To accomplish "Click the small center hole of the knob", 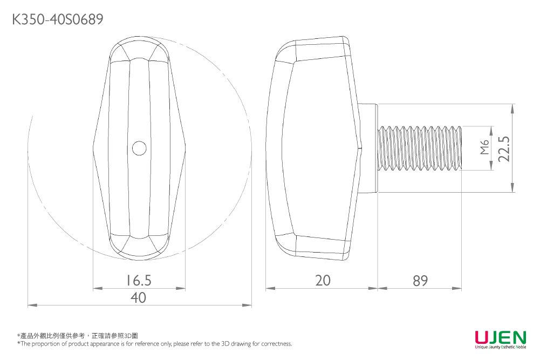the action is [139, 148].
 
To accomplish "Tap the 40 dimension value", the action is [139, 297].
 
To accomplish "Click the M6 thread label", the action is [484, 148].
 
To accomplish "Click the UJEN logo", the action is [500, 337].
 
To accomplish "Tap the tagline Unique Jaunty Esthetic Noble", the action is [500, 347].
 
